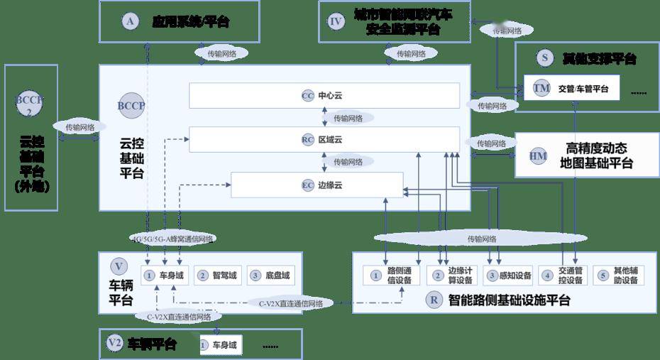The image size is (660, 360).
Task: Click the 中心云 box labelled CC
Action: [x=324, y=95]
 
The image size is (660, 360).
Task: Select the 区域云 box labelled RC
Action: [x=324, y=140]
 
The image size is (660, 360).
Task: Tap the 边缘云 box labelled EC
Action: [x=324, y=185]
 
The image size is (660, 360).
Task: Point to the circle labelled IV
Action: [x=336, y=21]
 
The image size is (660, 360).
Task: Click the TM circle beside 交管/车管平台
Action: [x=541, y=89]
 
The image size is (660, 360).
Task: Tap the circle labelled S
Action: [x=544, y=58]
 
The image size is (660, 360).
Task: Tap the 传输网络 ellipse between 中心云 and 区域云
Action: [x=348, y=118]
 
